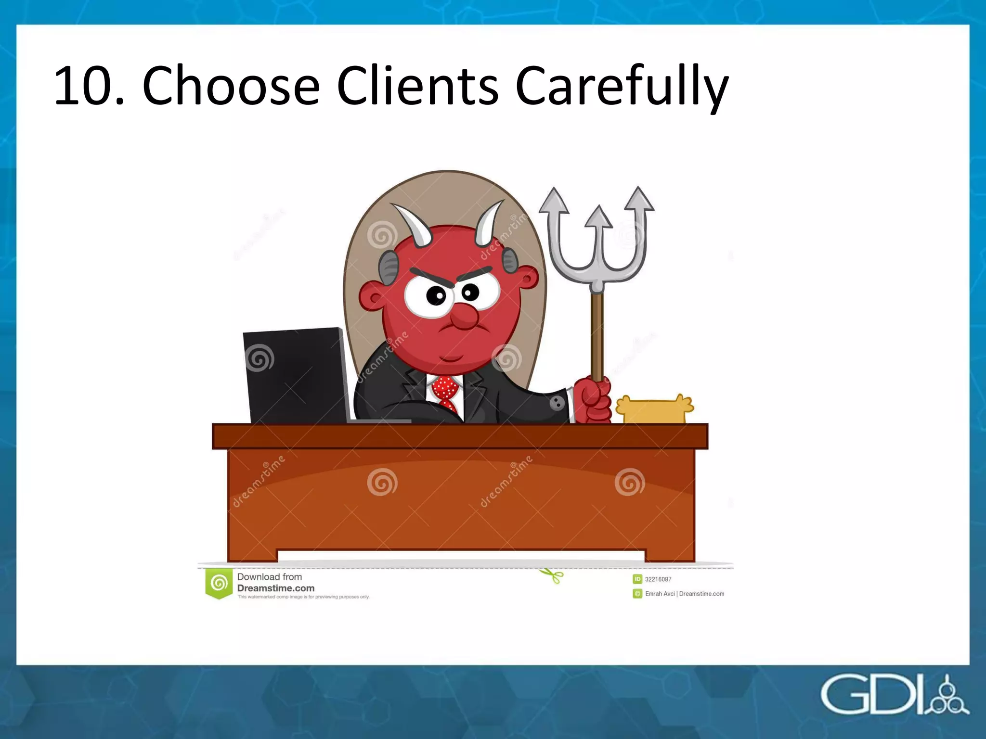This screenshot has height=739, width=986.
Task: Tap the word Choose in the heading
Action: pos(231,86)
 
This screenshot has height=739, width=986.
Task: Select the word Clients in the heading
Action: pos(417,86)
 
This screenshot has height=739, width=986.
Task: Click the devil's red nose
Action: pos(464,316)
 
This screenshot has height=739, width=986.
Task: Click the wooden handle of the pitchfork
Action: pos(597,337)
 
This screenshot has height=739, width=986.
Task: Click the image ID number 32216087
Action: pos(658,579)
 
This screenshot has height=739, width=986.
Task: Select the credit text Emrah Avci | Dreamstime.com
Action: pos(684,594)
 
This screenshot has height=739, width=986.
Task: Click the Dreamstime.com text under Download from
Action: pos(275,588)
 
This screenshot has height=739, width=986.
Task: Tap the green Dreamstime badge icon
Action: pos(219,583)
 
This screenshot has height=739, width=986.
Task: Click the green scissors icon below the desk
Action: pos(553,575)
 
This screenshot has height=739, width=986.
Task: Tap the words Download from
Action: pos(269,576)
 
